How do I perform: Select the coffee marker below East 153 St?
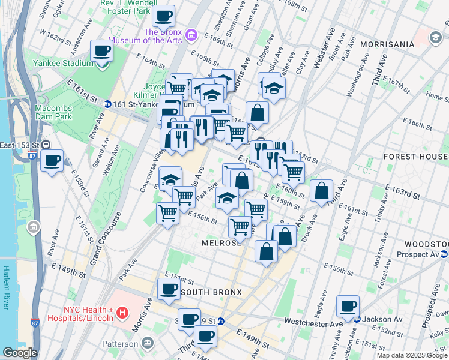pos(52,160)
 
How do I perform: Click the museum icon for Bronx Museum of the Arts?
pos(191,35)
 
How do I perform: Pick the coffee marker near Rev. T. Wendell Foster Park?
pos(163,16)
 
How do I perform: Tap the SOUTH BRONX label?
pos(211,292)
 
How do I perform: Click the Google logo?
pos(20,353)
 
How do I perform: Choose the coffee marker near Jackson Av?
pos(348,306)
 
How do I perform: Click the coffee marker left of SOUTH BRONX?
pos(169,289)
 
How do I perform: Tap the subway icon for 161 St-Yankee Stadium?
pos(108,103)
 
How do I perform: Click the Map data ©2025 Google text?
pos(412,355)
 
